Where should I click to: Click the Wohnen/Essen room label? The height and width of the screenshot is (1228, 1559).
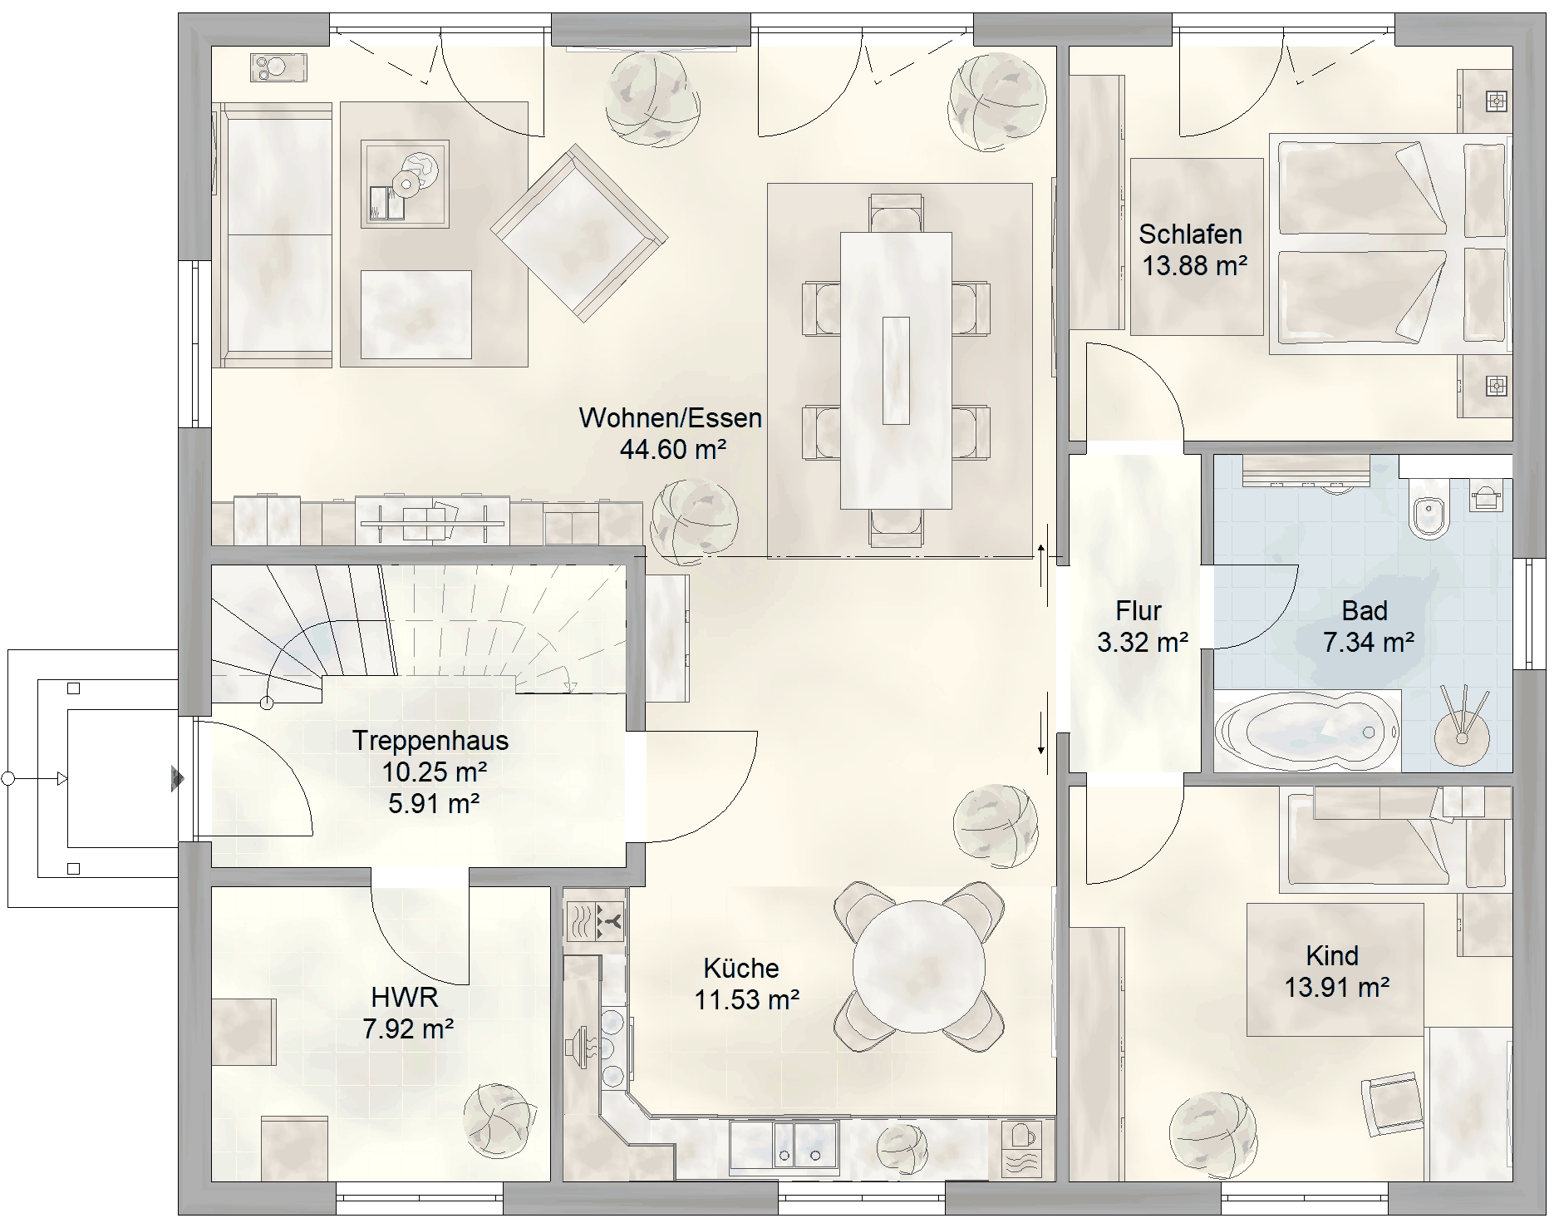[x=670, y=417]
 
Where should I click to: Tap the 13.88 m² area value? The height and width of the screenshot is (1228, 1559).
[x=1194, y=266]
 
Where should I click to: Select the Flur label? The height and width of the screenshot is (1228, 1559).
[x=1139, y=611]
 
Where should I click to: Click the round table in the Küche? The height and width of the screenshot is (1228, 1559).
[x=919, y=966]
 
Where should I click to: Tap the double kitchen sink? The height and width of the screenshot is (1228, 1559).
[x=784, y=1143]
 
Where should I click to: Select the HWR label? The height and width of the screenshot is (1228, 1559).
[x=405, y=996]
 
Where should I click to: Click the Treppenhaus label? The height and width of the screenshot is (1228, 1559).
[x=430, y=741]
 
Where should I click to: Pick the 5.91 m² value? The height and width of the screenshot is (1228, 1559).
[x=434, y=804]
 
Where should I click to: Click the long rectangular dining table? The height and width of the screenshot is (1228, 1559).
[x=896, y=370]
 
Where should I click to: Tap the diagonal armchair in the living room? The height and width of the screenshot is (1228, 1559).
[x=579, y=233]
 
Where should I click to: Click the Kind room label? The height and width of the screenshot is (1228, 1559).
[x=1332, y=955]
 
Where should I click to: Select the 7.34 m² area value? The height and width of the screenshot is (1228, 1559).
[x=1369, y=643]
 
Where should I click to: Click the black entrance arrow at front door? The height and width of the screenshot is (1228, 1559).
[x=177, y=778]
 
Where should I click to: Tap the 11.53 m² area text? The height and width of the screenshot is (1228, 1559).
[x=747, y=999]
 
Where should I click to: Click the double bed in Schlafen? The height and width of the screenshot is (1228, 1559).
[x=1388, y=244]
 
